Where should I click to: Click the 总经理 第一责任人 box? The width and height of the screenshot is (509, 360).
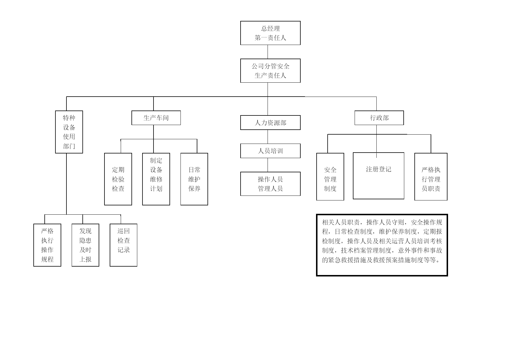tap(270, 33)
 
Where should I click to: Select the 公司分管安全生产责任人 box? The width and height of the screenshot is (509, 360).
tap(270, 71)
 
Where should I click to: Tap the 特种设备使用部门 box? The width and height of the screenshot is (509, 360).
tap(69, 132)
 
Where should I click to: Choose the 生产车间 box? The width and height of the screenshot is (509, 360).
tap(156, 118)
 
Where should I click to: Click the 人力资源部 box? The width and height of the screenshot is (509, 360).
tap(270, 123)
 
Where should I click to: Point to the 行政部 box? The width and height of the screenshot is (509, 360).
tap(379, 118)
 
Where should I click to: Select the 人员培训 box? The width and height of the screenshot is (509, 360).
tap(270, 151)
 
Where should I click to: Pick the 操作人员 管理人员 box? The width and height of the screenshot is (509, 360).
tap(270, 184)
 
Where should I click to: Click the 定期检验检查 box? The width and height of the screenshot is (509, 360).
tap(118, 179)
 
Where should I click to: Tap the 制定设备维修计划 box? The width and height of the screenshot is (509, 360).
tap(156, 179)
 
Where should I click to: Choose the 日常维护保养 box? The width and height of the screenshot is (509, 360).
tap(194, 179)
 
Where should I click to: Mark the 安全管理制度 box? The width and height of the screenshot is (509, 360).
tap(330, 177)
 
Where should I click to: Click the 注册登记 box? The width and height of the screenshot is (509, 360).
tap(378, 176)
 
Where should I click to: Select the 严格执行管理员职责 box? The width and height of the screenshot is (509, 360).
tap(431, 177)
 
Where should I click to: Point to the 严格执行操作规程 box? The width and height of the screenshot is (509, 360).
tap(47, 245)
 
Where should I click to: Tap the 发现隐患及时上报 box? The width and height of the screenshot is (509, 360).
tap(85, 245)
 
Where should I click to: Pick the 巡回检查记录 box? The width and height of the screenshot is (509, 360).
tap(123, 245)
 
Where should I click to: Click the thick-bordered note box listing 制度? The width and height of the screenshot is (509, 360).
tap(382, 245)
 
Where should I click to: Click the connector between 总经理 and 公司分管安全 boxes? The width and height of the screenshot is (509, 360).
tap(268, 52)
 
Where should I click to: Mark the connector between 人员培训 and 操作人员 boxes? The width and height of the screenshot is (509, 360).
tap(268, 165)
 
